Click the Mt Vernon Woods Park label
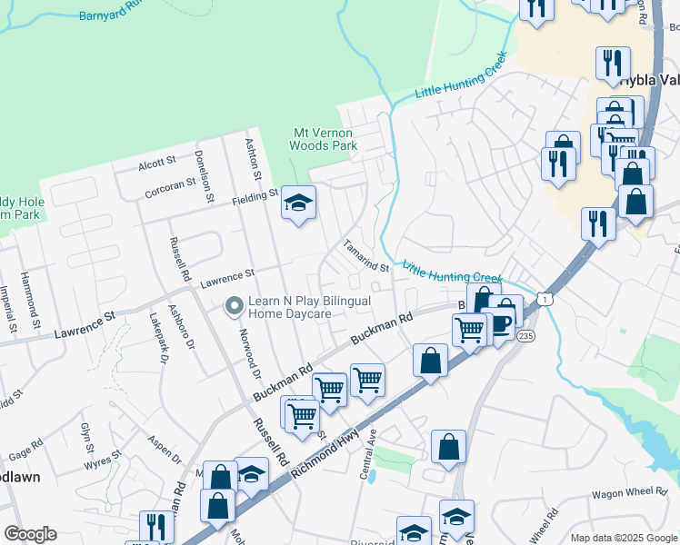pyautogui.click(x=323, y=138)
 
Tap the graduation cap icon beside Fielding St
pyautogui.click(x=297, y=204)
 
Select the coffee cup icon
pyautogui.click(x=500, y=325)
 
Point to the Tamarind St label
pyautogui.click(x=365, y=256)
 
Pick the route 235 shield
pyautogui.click(x=525, y=335)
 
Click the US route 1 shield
pyautogui.click(x=543, y=298)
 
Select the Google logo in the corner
pyautogui.click(x=30, y=534)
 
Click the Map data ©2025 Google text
pyautogui.click(x=624, y=537)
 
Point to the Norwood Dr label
pyautogui.click(x=252, y=351)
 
